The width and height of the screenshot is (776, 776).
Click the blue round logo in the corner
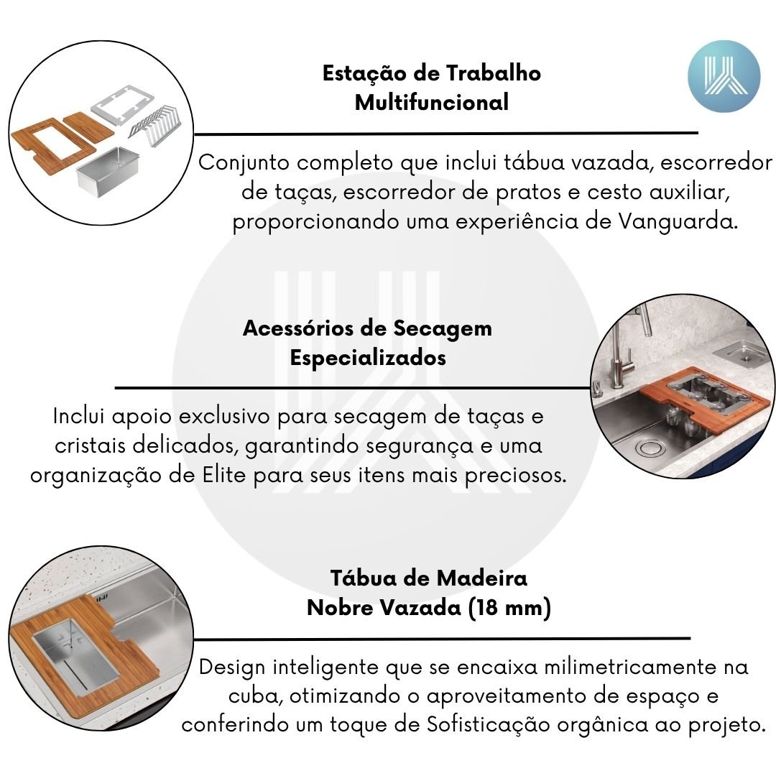pyautogui.click(x=724, y=76)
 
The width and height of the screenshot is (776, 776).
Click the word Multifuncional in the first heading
pyautogui.click(x=432, y=103)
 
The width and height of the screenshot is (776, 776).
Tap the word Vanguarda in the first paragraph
pyautogui.click(x=676, y=221)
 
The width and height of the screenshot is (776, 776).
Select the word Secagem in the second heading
pyautogui.click(x=443, y=329)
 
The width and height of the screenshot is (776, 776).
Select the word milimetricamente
pyautogui.click(x=631, y=667)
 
